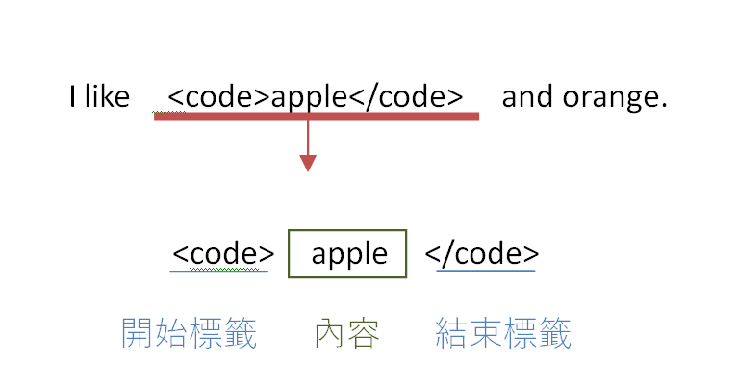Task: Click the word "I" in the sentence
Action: click(x=72, y=97)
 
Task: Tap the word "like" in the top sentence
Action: click(x=107, y=97)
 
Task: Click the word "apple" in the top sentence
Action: click(x=308, y=97)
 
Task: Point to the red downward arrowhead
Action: click(x=308, y=163)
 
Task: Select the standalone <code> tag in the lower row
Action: click(x=223, y=253)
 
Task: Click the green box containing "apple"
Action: click(x=348, y=254)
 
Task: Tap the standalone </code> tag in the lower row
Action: click(x=482, y=253)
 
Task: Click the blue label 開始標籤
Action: click(x=189, y=333)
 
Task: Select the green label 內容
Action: click(x=346, y=333)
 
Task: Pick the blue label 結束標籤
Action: click(x=503, y=333)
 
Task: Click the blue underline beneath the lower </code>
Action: click(x=486, y=272)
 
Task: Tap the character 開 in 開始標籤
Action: click(x=138, y=333)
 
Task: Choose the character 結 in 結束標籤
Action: click(x=452, y=333)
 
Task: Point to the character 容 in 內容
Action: click(x=364, y=333)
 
